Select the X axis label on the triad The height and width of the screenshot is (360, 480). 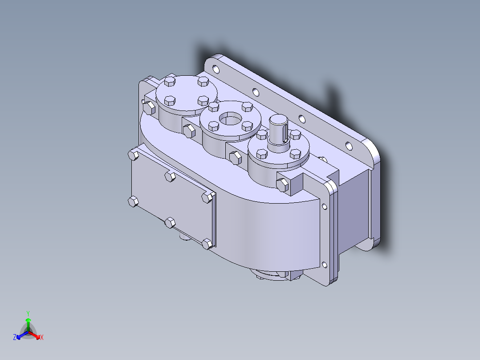[42, 338]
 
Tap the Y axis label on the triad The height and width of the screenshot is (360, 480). [28, 313]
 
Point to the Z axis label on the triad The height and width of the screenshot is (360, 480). [15, 338]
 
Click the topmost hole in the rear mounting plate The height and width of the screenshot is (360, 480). [216, 70]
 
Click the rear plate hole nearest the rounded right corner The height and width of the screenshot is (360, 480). [349, 145]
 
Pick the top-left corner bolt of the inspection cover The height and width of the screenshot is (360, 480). [133, 155]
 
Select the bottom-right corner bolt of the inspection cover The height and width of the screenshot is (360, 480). [207, 243]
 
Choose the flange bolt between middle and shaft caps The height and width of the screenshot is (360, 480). [234, 157]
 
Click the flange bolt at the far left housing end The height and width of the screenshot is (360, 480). [149, 107]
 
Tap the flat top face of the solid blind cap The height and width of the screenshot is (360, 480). [186, 93]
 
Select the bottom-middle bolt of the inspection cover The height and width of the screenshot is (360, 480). [170, 222]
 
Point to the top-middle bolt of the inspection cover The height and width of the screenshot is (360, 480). [170, 176]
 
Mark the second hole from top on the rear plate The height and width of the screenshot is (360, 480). [255, 93]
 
